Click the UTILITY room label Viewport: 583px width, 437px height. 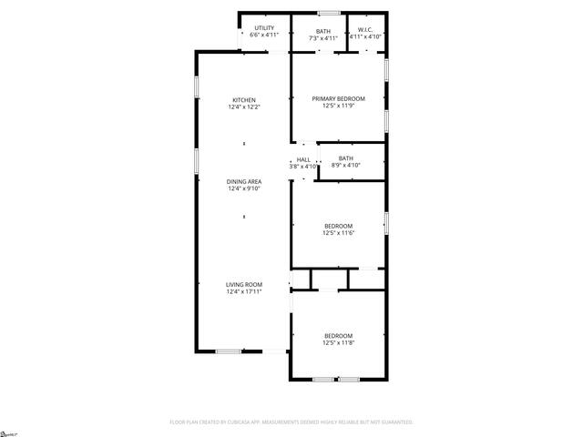click(264, 28)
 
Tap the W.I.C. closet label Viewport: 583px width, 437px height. click(366, 29)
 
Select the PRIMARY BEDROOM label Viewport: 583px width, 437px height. click(338, 98)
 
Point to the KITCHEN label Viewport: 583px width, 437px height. click(243, 100)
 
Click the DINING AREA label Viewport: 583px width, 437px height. click(243, 181)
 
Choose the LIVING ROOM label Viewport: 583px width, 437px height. click(243, 285)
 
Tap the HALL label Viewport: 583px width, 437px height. click(302, 159)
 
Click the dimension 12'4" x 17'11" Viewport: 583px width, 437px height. click(243, 292)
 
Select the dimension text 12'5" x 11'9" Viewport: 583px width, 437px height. click(338, 106)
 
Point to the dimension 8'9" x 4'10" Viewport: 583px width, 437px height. click(345, 166)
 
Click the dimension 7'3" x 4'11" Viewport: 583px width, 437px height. click(323, 38)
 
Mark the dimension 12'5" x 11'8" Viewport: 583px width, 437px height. click(338, 343)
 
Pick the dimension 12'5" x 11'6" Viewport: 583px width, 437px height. click(338, 233)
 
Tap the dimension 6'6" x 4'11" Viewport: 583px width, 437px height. click(264, 36)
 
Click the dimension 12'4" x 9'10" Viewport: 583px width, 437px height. click(243, 188)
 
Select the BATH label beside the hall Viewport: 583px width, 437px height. click(345, 158)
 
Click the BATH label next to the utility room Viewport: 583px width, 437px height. click(323, 31)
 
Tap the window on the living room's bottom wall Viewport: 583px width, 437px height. click(229, 351)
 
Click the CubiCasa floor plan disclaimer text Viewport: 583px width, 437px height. click(291, 422)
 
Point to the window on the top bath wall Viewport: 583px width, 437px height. click(329, 13)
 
